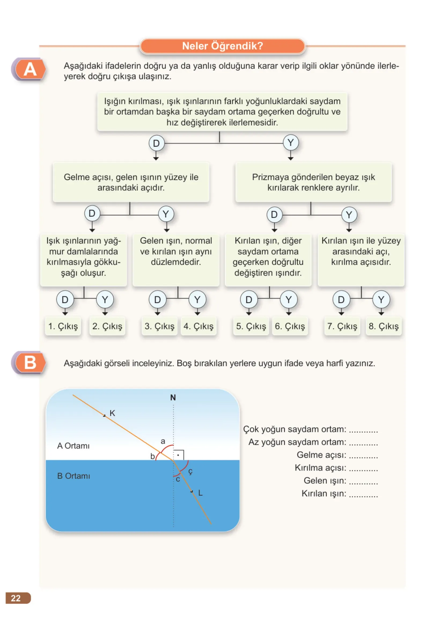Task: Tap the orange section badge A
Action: [x=29, y=69]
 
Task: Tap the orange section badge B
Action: [x=29, y=363]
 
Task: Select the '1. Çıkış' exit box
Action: [x=63, y=326]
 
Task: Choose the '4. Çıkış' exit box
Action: [x=199, y=326]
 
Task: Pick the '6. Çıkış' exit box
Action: [x=290, y=326]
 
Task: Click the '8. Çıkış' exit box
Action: [x=384, y=326]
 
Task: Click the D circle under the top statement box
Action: [x=156, y=143]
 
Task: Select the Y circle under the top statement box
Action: [x=291, y=142]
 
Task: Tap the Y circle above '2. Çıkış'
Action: [x=105, y=299]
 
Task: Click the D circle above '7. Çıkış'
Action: [x=341, y=299]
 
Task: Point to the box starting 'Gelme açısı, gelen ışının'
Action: [x=131, y=182]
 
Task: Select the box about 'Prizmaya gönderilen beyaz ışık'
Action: [x=314, y=182]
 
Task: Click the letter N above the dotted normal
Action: [x=173, y=397]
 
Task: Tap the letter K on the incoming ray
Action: [x=112, y=413]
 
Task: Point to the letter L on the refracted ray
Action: [x=200, y=493]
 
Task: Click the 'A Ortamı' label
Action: [x=73, y=446]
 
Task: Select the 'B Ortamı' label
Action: [x=73, y=476]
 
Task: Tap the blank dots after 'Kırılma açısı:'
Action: [x=363, y=469]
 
